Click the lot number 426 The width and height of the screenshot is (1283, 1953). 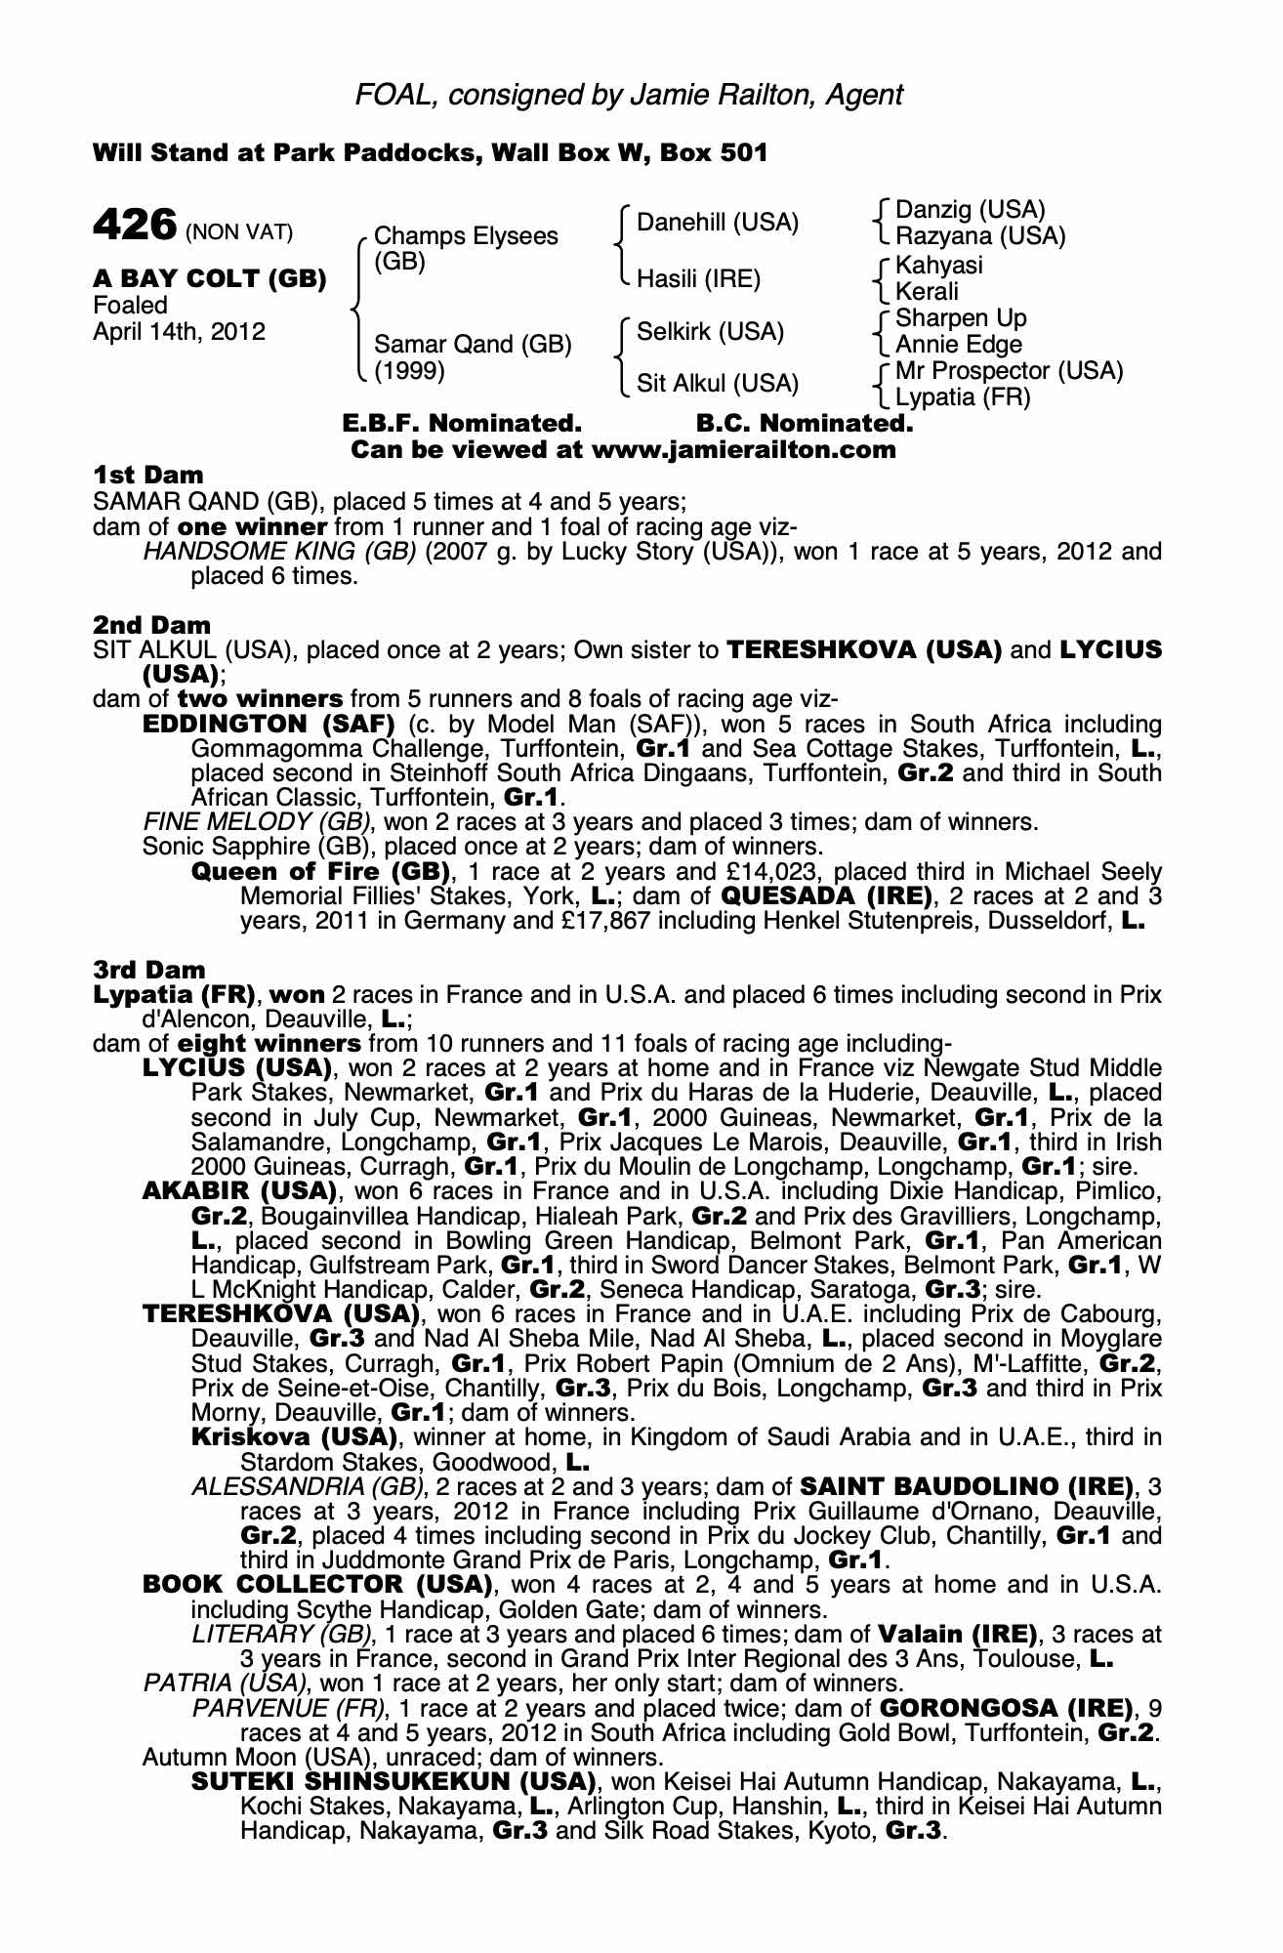134,225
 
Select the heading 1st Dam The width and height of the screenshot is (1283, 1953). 148,476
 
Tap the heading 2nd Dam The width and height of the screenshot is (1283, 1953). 151,624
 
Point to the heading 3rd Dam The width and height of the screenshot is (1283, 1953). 149,970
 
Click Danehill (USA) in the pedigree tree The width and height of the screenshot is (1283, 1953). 718,223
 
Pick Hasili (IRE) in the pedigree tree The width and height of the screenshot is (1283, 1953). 698,279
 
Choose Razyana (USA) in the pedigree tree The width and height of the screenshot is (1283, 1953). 980,236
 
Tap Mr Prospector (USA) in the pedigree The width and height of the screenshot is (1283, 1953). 1009,371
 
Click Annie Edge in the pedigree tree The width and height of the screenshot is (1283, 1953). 958,345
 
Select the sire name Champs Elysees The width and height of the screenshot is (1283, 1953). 466,236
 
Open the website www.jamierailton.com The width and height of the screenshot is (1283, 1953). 743,450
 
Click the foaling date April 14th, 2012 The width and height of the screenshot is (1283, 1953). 179,331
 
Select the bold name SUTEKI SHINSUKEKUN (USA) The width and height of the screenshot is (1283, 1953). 394,1781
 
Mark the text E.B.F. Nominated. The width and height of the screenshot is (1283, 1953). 462,424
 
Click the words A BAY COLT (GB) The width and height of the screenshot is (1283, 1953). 209,279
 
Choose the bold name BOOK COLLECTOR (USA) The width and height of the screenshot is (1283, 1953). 316,1584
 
